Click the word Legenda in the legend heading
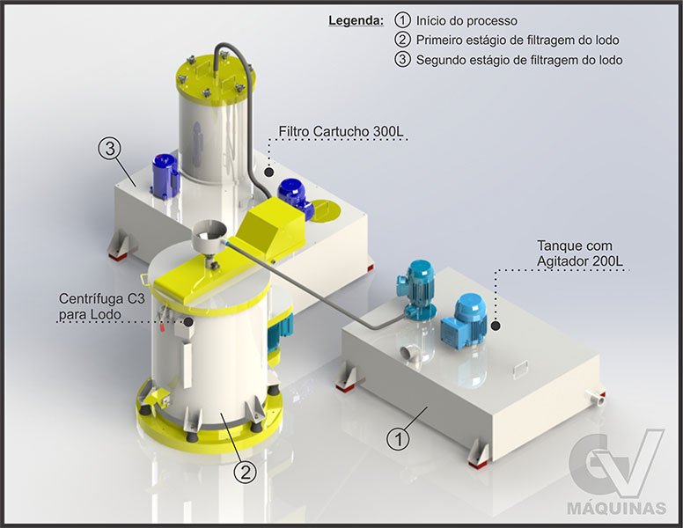pyautogui.click(x=356, y=20)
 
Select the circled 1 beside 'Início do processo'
pyautogui.click(x=402, y=20)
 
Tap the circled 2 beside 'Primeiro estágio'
pyautogui.click(x=402, y=40)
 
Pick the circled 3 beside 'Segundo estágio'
pyautogui.click(x=402, y=59)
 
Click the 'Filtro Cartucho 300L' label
pyautogui.click(x=341, y=131)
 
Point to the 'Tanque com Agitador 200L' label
pyautogui.click(x=580, y=253)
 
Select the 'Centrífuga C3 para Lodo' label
pyautogui.click(x=102, y=306)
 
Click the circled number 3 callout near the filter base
pyautogui.click(x=110, y=149)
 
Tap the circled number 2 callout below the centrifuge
pyautogui.click(x=246, y=472)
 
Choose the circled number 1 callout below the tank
pyautogui.click(x=398, y=439)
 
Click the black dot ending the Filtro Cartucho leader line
pyautogui.click(x=268, y=172)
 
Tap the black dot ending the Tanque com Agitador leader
pyautogui.click(x=496, y=325)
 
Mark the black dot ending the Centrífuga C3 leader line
pyautogui.click(x=188, y=321)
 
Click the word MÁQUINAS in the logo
pyautogui.click(x=616, y=508)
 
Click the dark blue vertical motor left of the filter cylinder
pyautogui.click(x=165, y=176)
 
